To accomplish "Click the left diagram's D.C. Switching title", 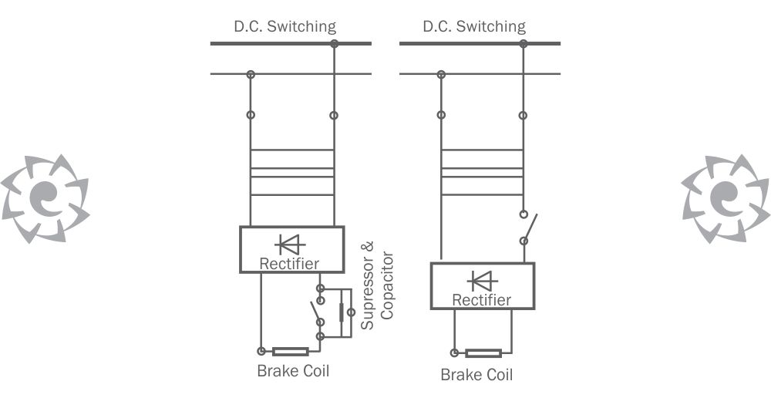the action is [284, 26].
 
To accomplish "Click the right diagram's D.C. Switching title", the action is [474, 26].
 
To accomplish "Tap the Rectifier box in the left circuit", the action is [291, 249].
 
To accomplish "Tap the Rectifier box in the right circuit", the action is [483, 286].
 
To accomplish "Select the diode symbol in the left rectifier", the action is [291, 245].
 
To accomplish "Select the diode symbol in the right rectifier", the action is [483, 281].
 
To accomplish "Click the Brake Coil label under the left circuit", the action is [293, 370].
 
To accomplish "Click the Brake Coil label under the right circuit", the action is [476, 375].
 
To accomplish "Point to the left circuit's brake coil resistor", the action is [291, 351].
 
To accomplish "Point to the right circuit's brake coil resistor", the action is [483, 353].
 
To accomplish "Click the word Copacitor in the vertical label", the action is [388, 286].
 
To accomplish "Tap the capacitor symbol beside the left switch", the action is [342, 312].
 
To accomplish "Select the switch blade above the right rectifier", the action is [530, 228].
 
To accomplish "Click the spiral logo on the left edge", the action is [45, 199].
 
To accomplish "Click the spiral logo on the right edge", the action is [726, 199].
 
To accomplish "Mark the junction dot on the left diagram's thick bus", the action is [335, 44].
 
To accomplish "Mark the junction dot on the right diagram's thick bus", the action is [524, 44].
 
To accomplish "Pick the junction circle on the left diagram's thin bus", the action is [251, 75].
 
